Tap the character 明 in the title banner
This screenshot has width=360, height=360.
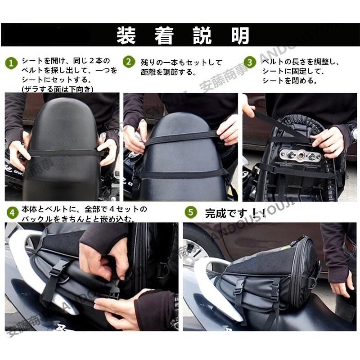coord(239,36)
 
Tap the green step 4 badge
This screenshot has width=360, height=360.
coord(12,211)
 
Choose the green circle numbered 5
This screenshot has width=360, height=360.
coord(191,211)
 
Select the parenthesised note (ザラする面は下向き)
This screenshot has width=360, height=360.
coord(58,89)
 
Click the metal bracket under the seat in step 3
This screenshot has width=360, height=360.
coord(300,156)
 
